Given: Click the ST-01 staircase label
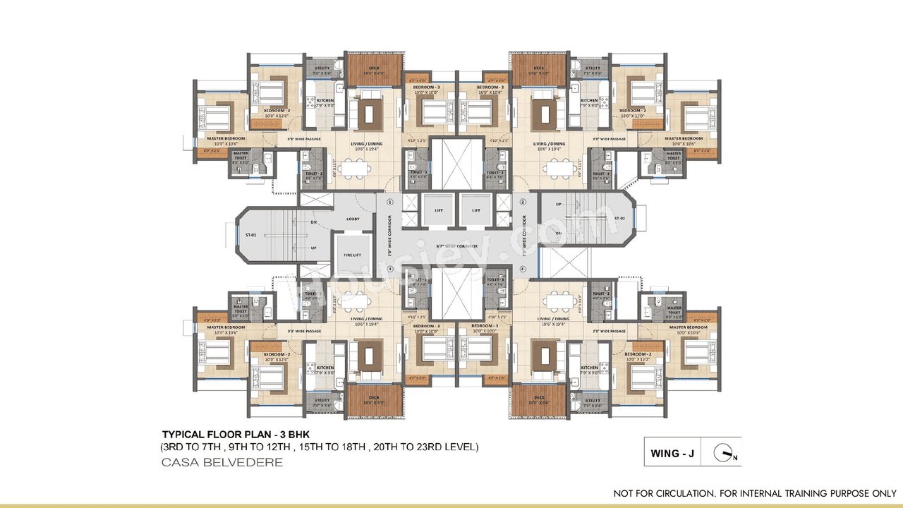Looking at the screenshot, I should click(250, 234).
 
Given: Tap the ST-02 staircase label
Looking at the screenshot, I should click(620, 219).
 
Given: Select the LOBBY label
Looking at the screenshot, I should click(353, 219).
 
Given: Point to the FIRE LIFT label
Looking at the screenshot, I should click(353, 255).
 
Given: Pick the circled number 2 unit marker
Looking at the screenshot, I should click(523, 201).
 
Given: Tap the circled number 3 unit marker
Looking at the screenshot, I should click(523, 268).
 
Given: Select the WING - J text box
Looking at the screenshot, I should click(672, 453).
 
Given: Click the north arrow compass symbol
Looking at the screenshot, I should click(724, 452).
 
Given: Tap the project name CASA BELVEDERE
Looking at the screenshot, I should click(222, 463).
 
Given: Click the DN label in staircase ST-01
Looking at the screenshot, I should click(313, 222).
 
